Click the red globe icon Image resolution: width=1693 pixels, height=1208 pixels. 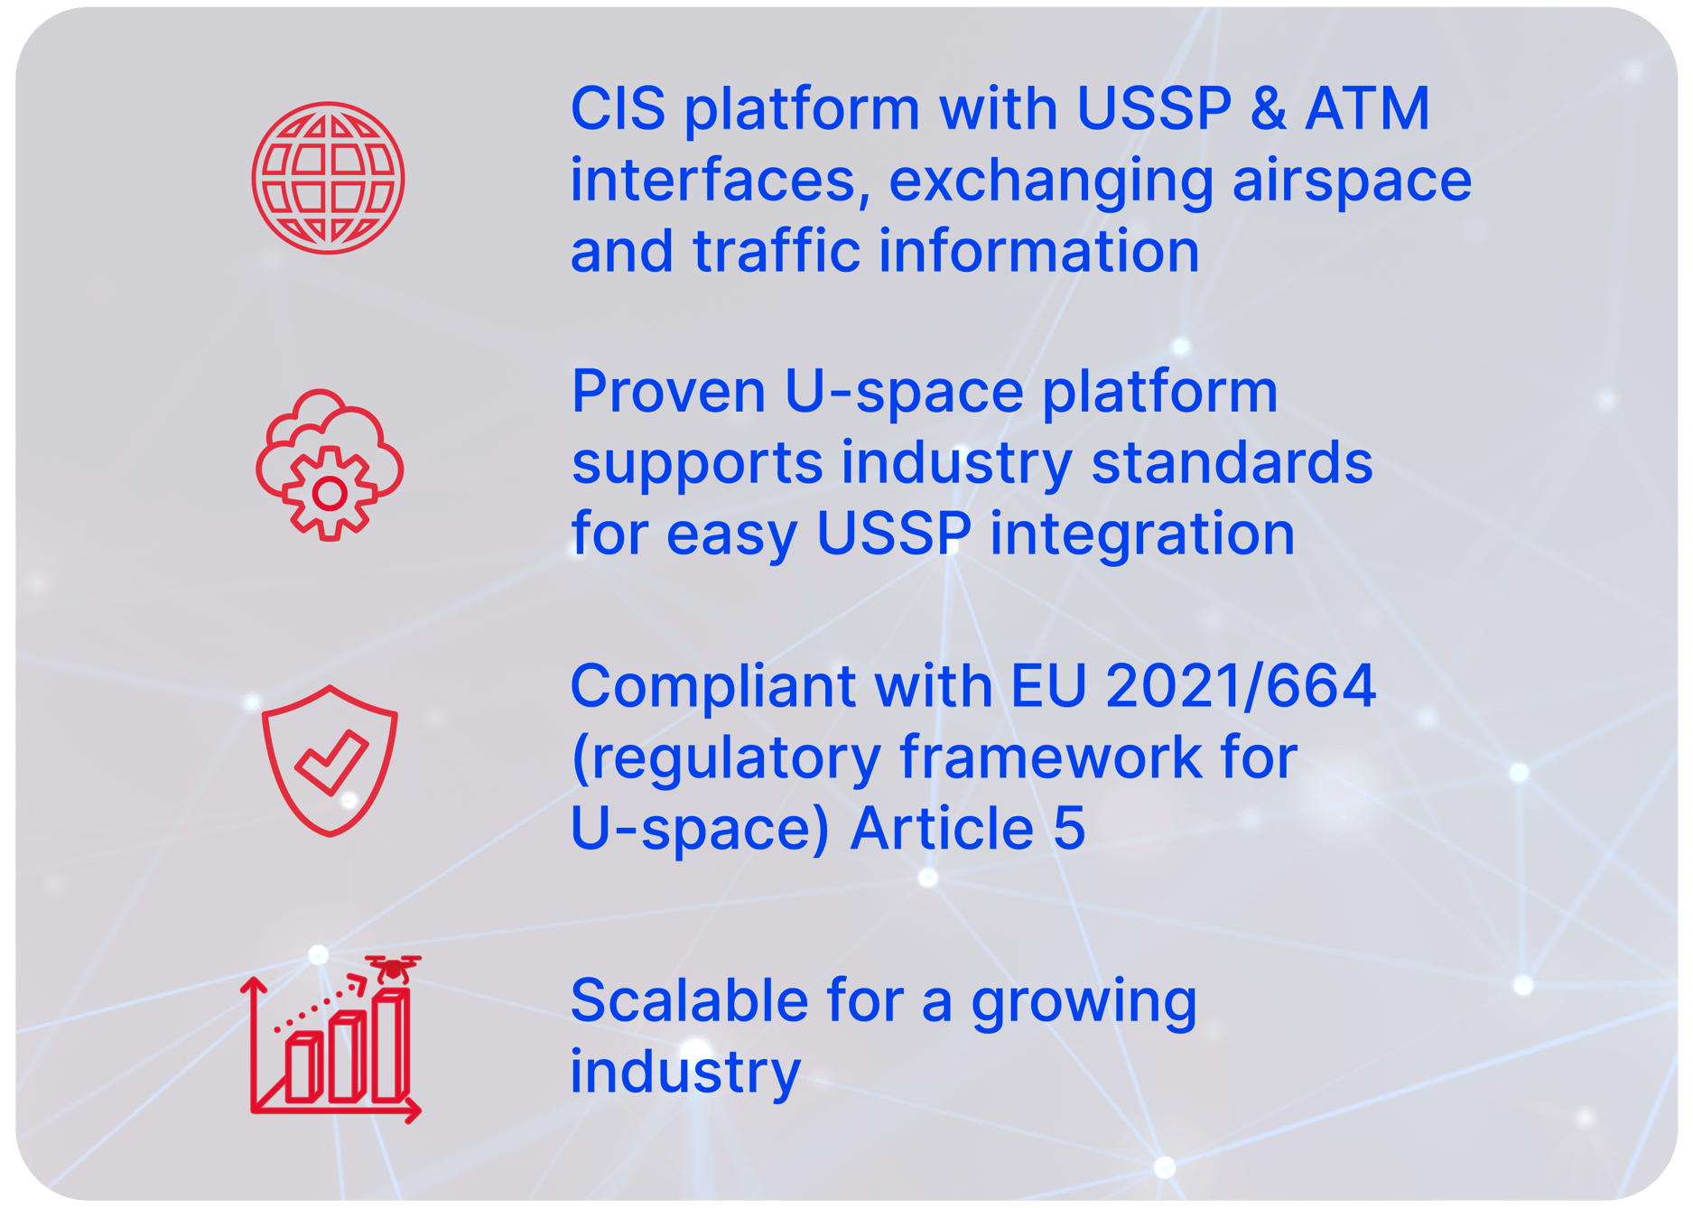328,178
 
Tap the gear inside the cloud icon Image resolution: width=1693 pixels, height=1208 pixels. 329,493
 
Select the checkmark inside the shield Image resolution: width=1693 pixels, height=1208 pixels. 331,762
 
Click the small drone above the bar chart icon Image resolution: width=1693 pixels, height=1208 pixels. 393,969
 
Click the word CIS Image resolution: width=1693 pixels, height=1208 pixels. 619,109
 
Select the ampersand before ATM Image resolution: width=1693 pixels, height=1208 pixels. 1269,109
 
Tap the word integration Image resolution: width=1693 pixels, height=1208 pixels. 1142,534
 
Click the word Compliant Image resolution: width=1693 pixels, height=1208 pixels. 712,688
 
